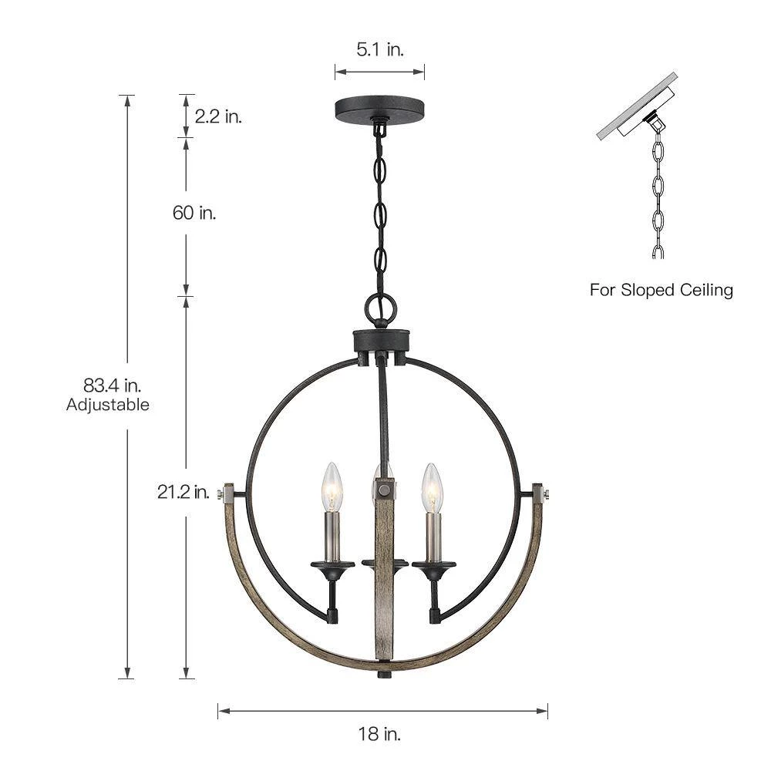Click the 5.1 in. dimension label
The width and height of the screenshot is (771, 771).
click(379, 49)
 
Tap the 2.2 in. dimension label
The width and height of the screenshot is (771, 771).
click(218, 116)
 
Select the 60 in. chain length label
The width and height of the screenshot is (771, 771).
click(194, 213)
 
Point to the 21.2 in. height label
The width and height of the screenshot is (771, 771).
click(183, 492)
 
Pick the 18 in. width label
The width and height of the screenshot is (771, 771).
click(379, 734)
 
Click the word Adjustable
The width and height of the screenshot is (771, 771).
click(108, 405)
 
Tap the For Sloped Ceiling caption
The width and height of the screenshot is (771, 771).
click(662, 290)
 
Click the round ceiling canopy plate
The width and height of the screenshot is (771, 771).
click(379, 106)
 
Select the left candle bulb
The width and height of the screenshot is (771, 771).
click(331, 487)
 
